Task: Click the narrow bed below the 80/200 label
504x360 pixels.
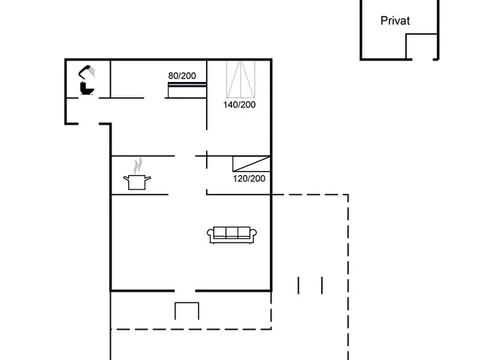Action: [x=187, y=90]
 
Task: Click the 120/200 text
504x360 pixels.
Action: [x=249, y=179]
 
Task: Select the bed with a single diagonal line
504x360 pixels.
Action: [x=251, y=163]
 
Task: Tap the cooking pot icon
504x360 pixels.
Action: [x=136, y=182]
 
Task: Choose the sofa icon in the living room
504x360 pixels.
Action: [x=233, y=234]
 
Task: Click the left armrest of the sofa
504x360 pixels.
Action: [x=211, y=235]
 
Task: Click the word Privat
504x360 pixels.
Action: [x=395, y=21]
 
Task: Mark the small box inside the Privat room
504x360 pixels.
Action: [x=422, y=46]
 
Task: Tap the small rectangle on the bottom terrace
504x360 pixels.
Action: [x=186, y=311]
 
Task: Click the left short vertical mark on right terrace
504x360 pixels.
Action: [x=298, y=285]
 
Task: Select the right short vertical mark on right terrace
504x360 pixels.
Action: [x=322, y=285]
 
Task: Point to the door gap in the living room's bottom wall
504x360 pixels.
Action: [x=186, y=291]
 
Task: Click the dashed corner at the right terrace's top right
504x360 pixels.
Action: [x=348, y=194]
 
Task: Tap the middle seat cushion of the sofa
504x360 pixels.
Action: [x=233, y=233]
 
